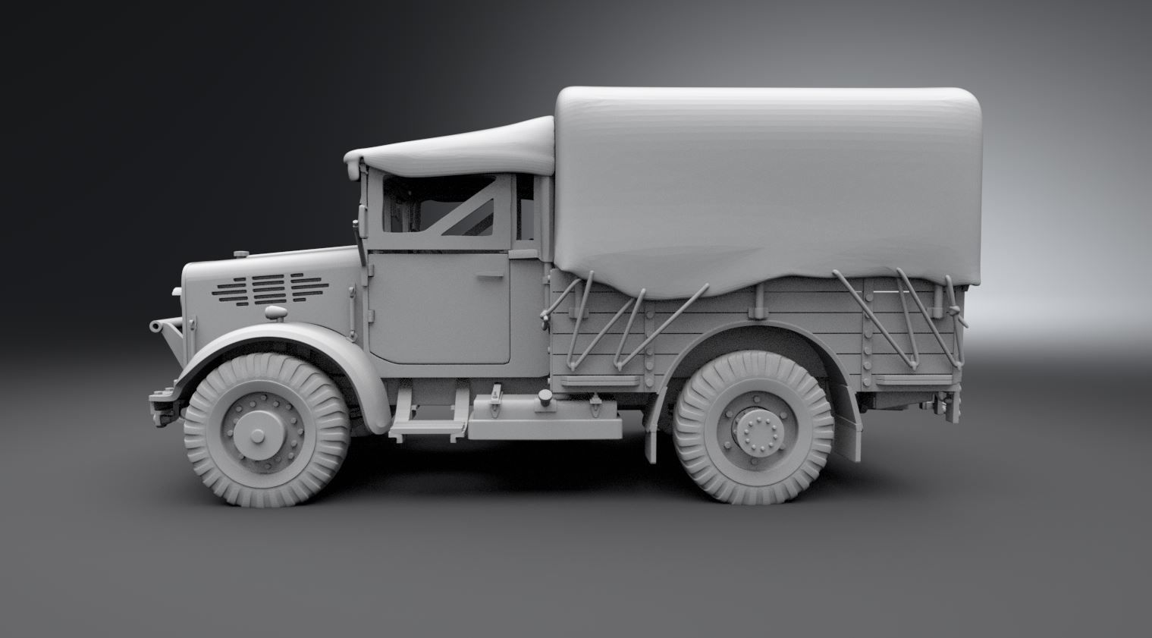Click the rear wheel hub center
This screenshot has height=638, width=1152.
pyautogui.click(x=753, y=434)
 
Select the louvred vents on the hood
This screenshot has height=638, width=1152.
pyautogui.click(x=258, y=288)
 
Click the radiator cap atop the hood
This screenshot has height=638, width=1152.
pyautogui.click(x=241, y=253)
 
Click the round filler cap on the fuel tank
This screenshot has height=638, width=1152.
pyautogui.click(x=544, y=400)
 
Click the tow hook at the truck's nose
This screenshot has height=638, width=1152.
pyautogui.click(x=161, y=327)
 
